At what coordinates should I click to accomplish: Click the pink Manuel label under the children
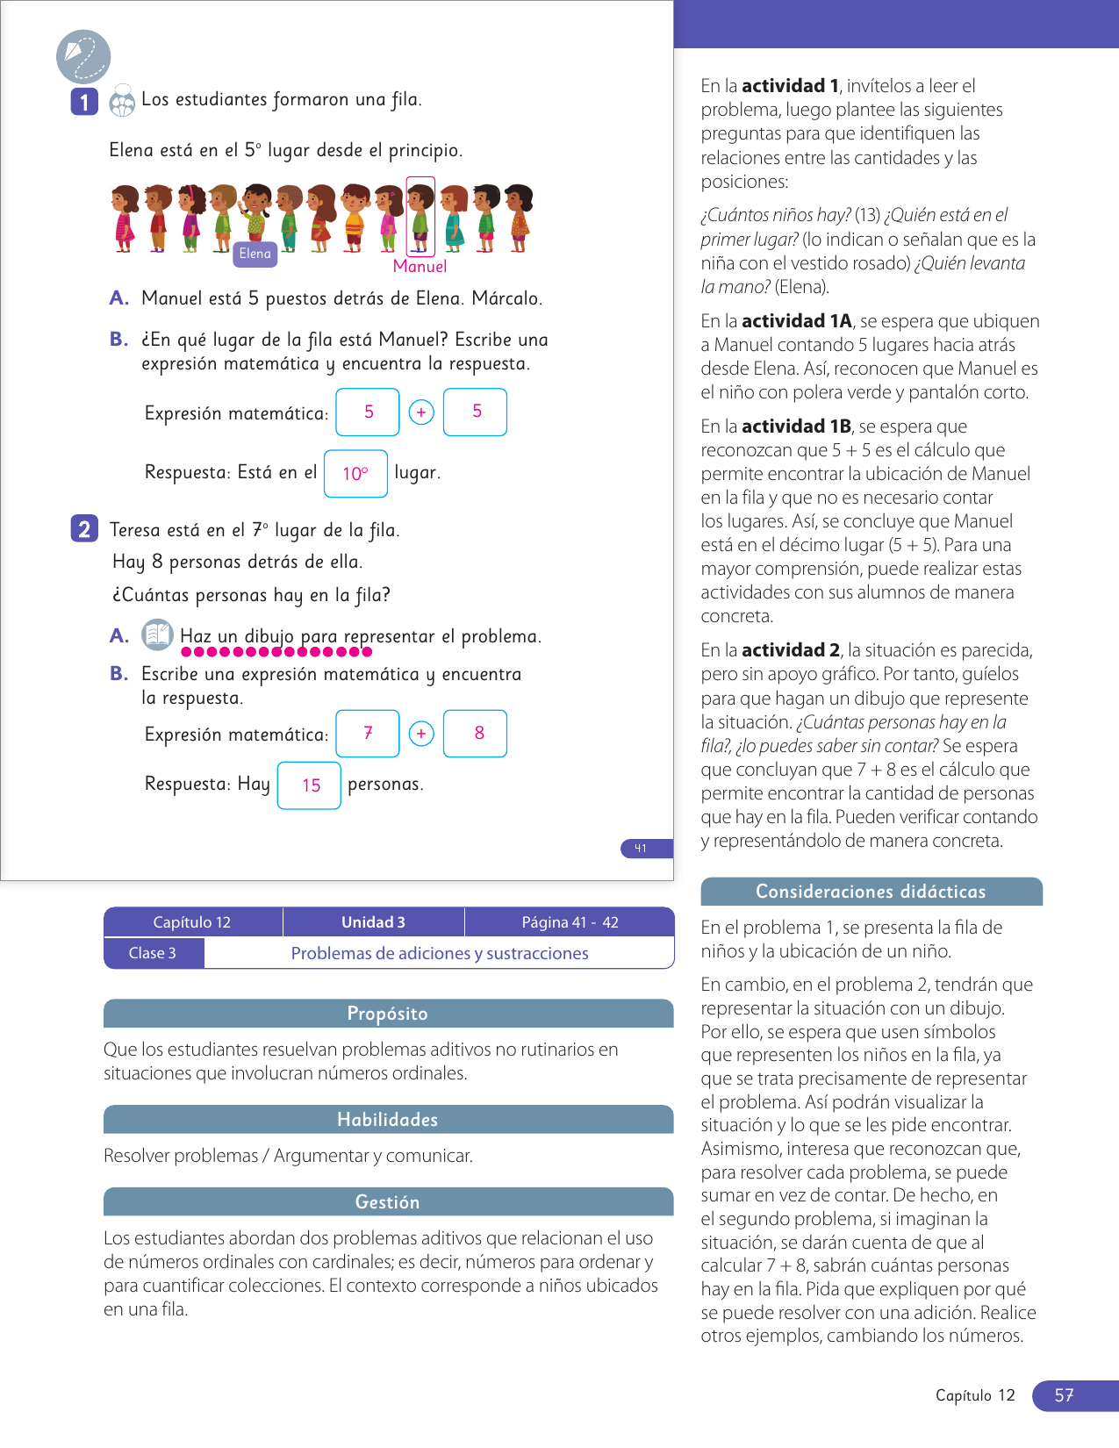point(420,267)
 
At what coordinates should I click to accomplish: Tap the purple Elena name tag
point(255,254)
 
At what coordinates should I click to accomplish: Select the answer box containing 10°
point(355,474)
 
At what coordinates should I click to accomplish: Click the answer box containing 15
point(309,785)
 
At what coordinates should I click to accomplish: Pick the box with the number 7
point(368,733)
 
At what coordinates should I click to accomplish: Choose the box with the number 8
point(475,733)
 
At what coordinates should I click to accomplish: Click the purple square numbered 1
point(84,102)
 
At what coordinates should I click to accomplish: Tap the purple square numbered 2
point(84,528)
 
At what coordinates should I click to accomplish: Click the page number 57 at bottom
point(1065,1395)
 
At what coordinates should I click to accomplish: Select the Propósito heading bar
point(388,1014)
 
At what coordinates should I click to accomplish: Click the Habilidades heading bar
point(388,1120)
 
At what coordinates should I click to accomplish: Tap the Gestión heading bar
point(388,1202)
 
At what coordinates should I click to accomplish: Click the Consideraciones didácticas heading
point(871,892)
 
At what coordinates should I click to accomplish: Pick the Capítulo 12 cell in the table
point(192,922)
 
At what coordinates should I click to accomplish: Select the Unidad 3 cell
point(373,922)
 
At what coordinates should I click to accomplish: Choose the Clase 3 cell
point(153,953)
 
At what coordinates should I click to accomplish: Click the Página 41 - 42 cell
point(570,922)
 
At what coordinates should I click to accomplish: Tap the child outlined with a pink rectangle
point(420,217)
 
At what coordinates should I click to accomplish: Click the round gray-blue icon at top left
point(83,57)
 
